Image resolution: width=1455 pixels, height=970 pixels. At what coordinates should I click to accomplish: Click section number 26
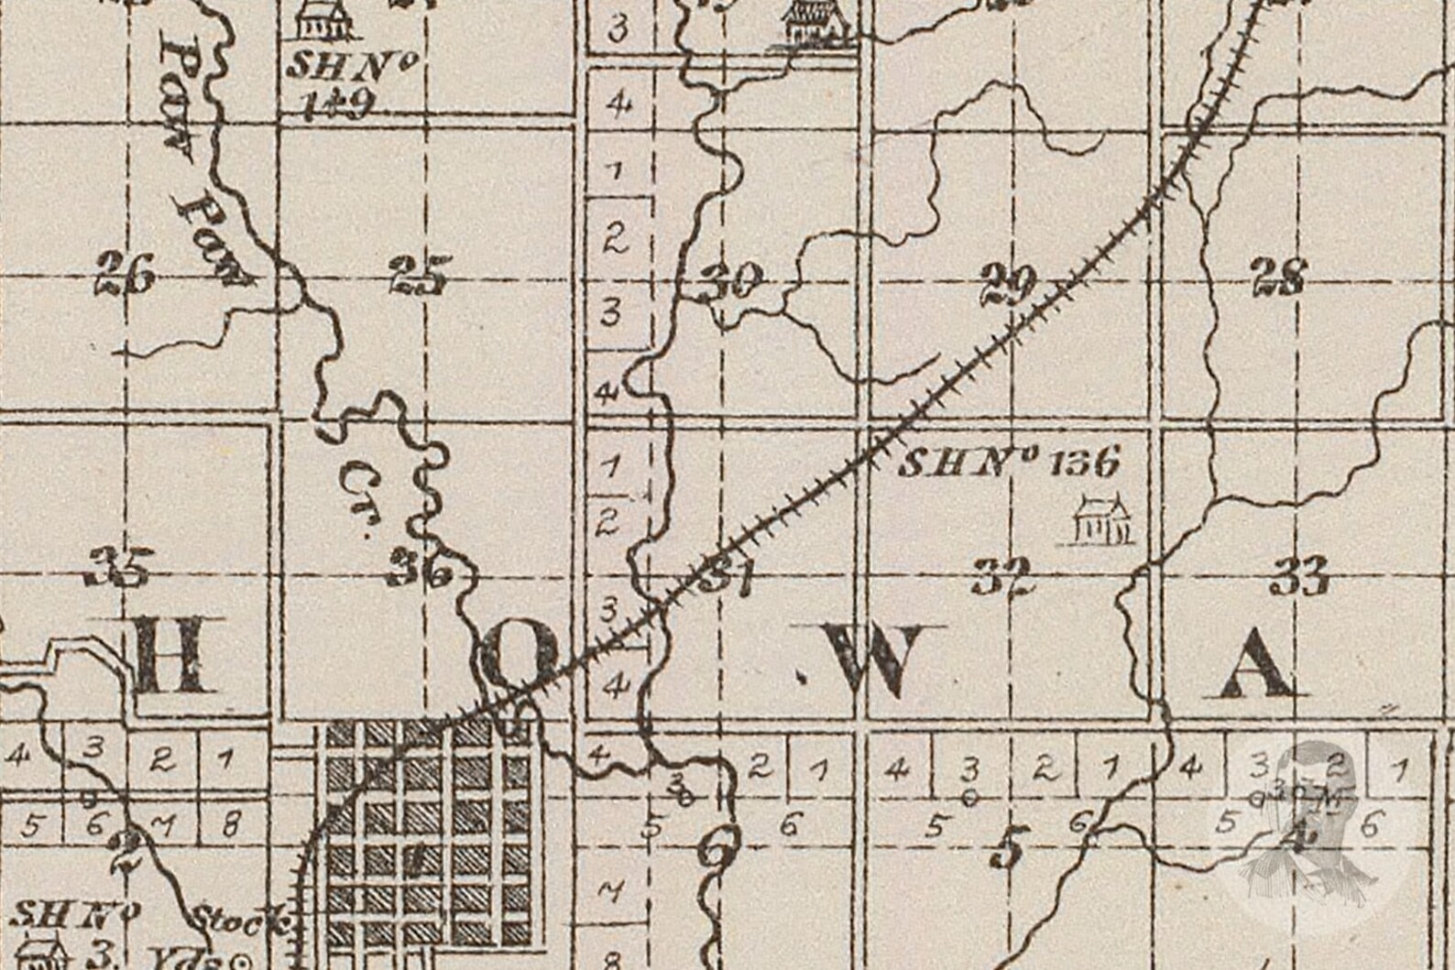click(x=126, y=276)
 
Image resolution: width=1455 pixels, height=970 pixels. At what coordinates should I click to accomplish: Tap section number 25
click(x=420, y=276)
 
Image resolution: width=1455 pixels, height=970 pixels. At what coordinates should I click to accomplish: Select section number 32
click(x=1003, y=577)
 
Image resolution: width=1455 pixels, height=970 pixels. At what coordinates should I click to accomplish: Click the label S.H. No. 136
click(x=1008, y=463)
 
